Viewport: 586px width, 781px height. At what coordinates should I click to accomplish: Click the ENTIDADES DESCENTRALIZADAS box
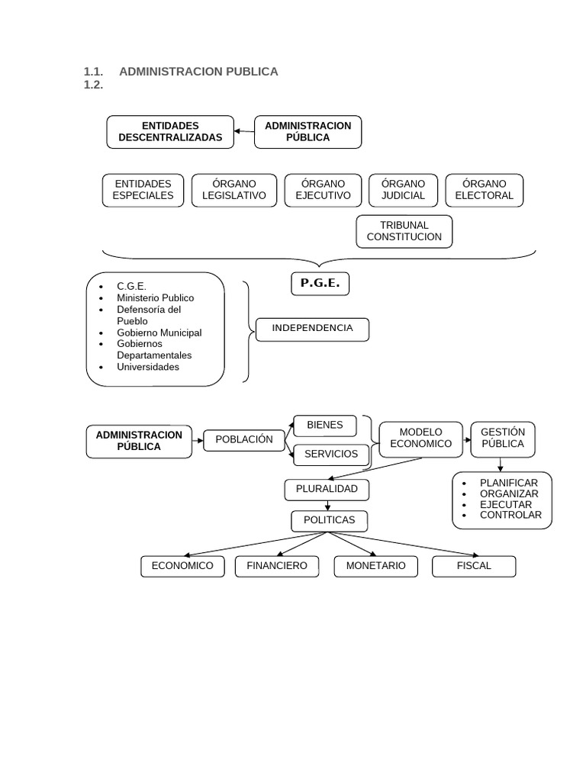click(170, 132)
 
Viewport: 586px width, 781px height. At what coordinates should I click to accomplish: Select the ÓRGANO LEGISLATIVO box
click(234, 190)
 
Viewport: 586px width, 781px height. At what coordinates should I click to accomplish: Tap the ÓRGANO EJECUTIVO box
click(323, 190)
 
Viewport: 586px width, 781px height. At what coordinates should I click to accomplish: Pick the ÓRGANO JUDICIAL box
click(403, 190)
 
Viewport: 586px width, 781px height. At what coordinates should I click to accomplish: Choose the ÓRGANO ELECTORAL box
click(484, 190)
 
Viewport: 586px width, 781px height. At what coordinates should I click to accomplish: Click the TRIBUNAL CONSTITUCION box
click(404, 231)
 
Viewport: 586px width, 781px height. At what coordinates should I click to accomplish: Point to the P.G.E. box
click(320, 284)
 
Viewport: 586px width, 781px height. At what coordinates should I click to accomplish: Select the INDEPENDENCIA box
click(312, 329)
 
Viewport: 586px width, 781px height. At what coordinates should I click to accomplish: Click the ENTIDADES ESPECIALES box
click(143, 190)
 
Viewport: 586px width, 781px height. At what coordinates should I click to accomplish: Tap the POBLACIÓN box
click(243, 440)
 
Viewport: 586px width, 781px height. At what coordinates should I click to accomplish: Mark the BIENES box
click(325, 426)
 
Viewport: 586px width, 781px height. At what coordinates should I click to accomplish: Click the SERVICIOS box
click(331, 455)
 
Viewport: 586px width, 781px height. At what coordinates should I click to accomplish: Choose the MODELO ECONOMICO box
click(420, 439)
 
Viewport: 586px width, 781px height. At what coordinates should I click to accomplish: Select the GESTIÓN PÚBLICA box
click(503, 439)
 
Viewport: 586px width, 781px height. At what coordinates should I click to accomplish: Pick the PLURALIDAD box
click(327, 490)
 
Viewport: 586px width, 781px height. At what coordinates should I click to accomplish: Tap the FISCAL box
click(474, 566)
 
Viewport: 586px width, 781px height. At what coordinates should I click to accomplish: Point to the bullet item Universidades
click(148, 367)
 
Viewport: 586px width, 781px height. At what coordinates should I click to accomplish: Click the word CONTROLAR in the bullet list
click(510, 515)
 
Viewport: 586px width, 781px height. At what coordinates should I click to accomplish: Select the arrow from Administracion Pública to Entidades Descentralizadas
click(244, 131)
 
